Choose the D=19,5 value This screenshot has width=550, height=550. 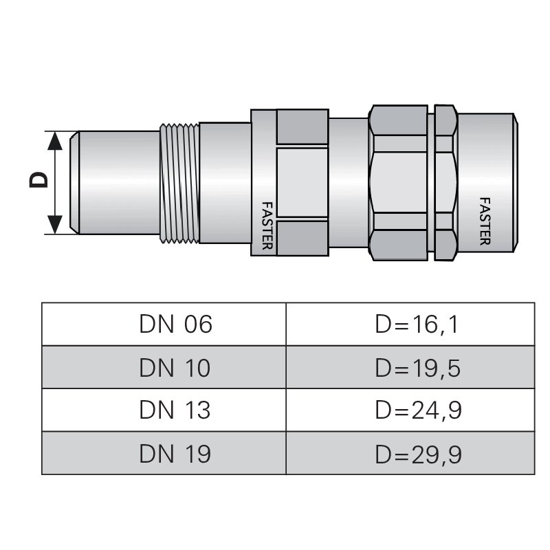click(417, 368)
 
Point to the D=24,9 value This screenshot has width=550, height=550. click(417, 410)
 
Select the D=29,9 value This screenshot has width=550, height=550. click(417, 453)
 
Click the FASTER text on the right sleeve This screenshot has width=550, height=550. click(484, 221)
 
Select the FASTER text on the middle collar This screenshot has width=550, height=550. click(267, 225)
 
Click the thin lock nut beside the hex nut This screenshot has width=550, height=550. click(445, 182)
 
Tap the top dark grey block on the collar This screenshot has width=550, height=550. click(302, 126)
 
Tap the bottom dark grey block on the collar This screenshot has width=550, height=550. click(302, 238)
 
